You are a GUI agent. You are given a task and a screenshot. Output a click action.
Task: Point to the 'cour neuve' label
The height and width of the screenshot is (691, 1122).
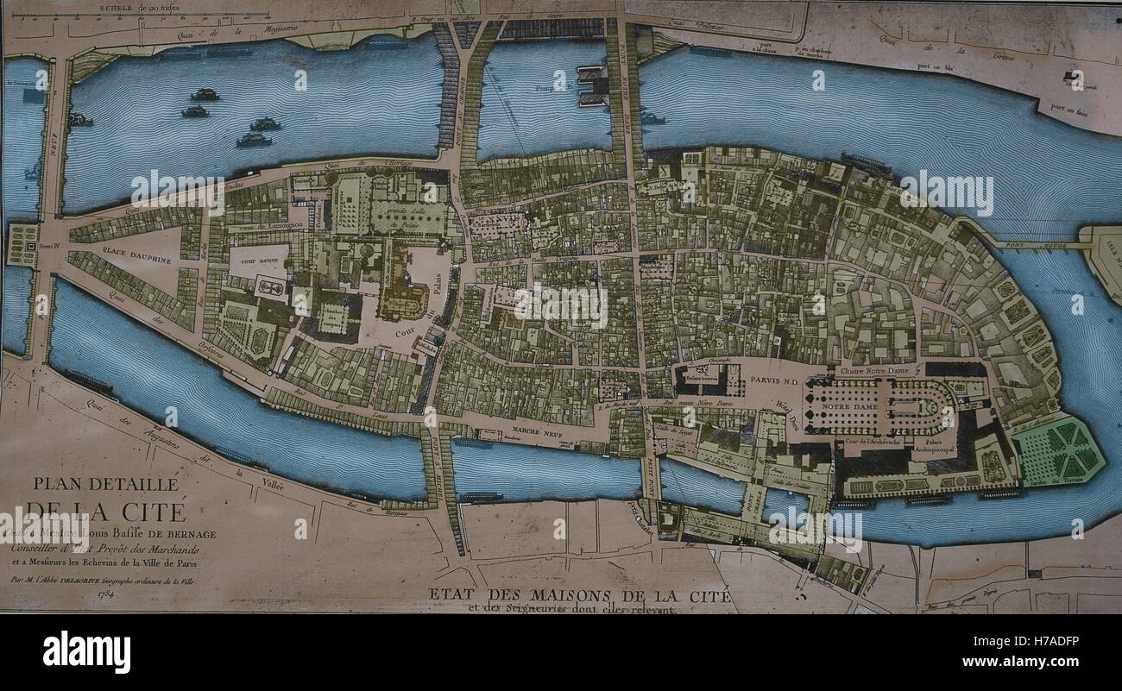point(258,261)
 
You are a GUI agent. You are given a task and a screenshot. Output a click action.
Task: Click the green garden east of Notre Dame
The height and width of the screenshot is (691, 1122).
point(1057,450)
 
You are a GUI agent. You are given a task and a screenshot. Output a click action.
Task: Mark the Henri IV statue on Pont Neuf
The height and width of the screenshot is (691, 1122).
point(22,245)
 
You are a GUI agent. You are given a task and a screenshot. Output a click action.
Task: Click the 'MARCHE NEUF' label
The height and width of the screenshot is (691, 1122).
point(539,429)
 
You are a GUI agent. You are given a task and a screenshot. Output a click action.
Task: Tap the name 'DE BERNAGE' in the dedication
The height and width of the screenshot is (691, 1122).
point(179,534)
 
